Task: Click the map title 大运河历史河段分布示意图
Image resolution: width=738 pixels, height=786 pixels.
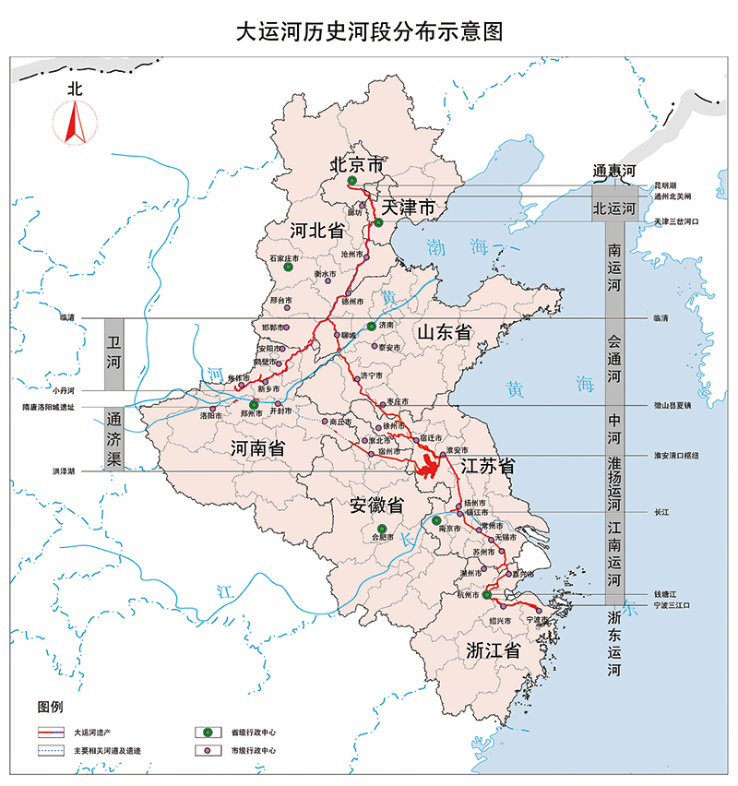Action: pyautogui.click(x=369, y=32)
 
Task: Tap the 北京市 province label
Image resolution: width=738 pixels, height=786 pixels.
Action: pyautogui.click(x=358, y=166)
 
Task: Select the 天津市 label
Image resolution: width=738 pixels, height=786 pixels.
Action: pyautogui.click(x=409, y=207)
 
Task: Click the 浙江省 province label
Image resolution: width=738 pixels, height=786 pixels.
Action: pyautogui.click(x=492, y=649)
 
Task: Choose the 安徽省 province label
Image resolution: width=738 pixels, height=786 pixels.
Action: pyautogui.click(x=376, y=506)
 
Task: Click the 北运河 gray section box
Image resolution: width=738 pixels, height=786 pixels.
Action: pyautogui.click(x=613, y=209)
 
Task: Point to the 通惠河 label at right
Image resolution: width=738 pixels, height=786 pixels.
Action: pyautogui.click(x=613, y=172)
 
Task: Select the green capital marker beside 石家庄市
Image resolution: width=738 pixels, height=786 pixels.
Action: pyautogui.click(x=288, y=268)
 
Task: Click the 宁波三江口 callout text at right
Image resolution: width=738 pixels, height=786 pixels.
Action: pyautogui.click(x=671, y=604)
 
